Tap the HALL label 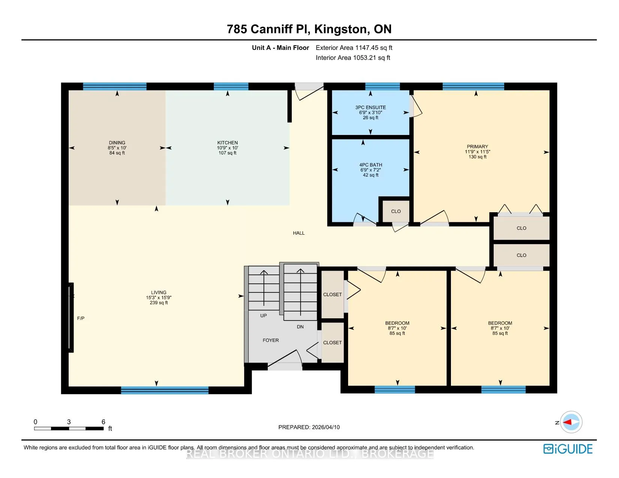click(299, 233)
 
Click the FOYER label click(270, 340)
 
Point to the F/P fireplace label click(81, 318)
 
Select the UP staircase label click(263, 315)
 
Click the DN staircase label click(300, 327)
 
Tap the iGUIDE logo click(568, 449)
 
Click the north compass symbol click(571, 422)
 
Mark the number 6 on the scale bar click(104, 422)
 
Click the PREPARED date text click(309, 427)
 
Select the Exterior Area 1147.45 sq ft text click(354, 48)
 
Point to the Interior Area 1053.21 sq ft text click(353, 58)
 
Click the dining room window click(114, 86)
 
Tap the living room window click(165, 390)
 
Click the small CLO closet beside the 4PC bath click(396, 211)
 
